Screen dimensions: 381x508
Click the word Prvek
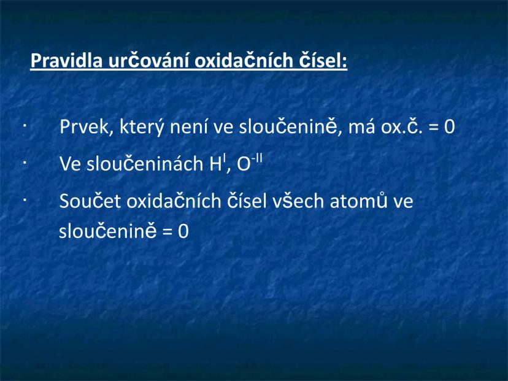(x=80, y=128)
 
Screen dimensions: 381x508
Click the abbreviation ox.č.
(x=401, y=128)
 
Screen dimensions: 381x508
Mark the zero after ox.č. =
(x=449, y=128)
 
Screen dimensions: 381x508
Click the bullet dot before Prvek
(x=23, y=126)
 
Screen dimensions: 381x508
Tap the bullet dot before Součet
(x=23, y=200)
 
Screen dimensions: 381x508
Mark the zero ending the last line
(x=182, y=233)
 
